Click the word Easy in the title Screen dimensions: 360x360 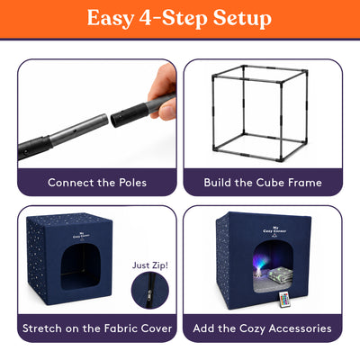111,19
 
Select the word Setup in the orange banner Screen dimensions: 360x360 242,19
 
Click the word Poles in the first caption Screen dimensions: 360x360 133,183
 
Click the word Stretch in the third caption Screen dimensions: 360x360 42,328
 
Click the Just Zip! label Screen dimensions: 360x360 150,265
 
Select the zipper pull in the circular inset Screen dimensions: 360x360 150,292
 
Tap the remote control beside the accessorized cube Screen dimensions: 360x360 283,300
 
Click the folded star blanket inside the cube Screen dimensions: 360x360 280,276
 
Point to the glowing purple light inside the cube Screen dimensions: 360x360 262,261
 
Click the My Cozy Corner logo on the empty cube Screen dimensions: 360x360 78,235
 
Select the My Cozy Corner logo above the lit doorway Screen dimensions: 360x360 274,230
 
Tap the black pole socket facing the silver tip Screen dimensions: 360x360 130,115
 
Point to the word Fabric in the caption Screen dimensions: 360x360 118,328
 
